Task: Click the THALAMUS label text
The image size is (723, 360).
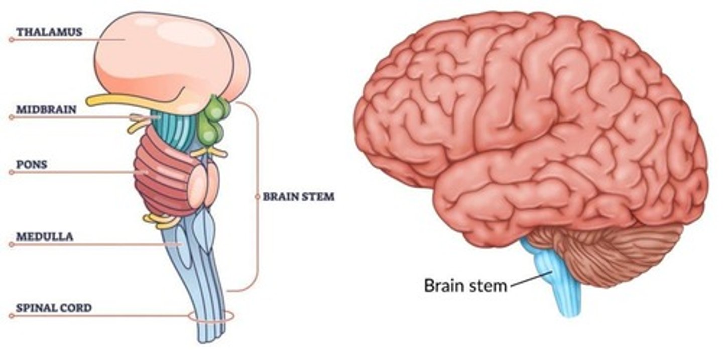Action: pyautogui.click(x=49, y=32)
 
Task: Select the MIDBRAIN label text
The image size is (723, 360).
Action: pyautogui.click(x=46, y=109)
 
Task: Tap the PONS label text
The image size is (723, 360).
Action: pyautogui.click(x=31, y=165)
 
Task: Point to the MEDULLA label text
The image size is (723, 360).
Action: pyautogui.click(x=44, y=236)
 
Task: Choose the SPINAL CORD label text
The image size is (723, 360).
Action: pyautogui.click(x=54, y=308)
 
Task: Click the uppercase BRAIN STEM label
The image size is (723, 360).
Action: pyautogui.click(x=298, y=197)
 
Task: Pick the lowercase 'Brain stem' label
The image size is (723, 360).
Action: pyautogui.click(x=465, y=285)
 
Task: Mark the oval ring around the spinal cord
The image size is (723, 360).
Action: pyautogui.click(x=211, y=316)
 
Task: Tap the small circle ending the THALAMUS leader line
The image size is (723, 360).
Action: pyautogui.click(x=11, y=39)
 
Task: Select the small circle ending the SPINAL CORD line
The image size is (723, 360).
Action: pyautogui.click(x=11, y=316)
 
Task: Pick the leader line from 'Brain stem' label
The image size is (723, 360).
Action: pyautogui.click(x=530, y=278)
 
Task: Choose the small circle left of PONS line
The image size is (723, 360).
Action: pyautogui.click(x=11, y=172)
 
